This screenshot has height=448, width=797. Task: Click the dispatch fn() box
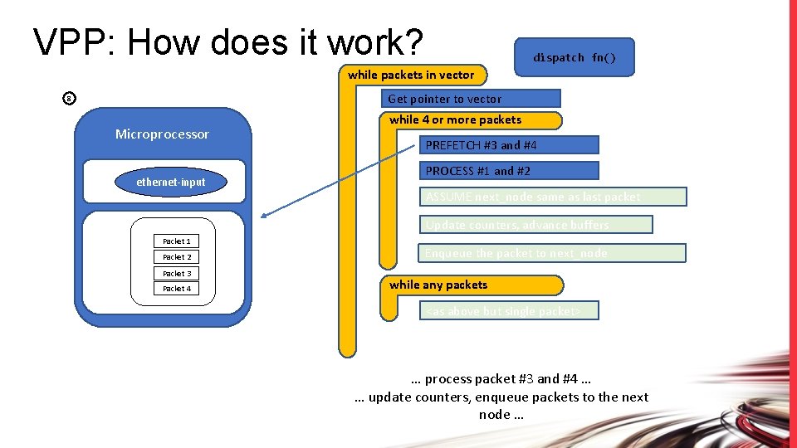coord(574,58)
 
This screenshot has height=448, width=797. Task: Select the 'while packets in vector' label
coord(411,75)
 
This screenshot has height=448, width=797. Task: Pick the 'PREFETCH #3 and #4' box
coord(507,145)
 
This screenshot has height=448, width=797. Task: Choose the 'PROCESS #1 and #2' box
coord(507,171)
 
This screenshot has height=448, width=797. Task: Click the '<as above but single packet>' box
coord(509,311)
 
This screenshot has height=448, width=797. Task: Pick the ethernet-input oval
coord(171,182)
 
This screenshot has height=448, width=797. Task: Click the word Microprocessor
coord(162,134)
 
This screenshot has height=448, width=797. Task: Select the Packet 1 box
coord(177,241)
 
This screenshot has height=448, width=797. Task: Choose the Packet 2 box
coord(177,257)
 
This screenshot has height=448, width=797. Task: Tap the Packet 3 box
coord(177,273)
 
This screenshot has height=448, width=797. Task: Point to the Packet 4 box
coord(177,289)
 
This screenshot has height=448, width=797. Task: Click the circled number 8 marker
coord(70,100)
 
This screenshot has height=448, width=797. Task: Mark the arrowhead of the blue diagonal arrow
coord(264,217)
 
